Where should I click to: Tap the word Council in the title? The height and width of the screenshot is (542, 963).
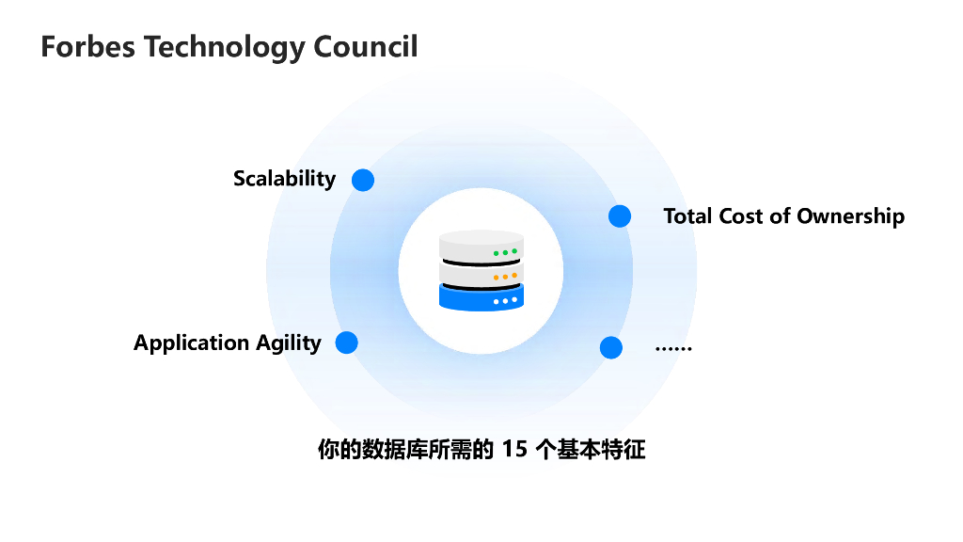pos(365,47)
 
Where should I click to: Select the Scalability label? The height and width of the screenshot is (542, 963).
pos(284,178)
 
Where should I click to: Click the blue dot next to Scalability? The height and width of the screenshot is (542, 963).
pos(363,180)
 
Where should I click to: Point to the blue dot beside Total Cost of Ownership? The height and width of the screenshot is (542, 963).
pos(620,216)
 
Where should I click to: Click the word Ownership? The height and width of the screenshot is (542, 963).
pos(851,216)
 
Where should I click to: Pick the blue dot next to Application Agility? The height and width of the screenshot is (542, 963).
pos(347,343)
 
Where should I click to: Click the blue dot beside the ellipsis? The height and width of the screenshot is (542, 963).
pos(611,347)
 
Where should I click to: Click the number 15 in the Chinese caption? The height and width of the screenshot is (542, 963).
pos(514,450)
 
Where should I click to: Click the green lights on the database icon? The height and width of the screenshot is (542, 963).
pos(506,252)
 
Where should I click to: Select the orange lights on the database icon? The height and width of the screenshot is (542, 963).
pos(506,277)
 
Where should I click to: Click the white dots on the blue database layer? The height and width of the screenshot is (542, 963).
pos(506,301)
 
